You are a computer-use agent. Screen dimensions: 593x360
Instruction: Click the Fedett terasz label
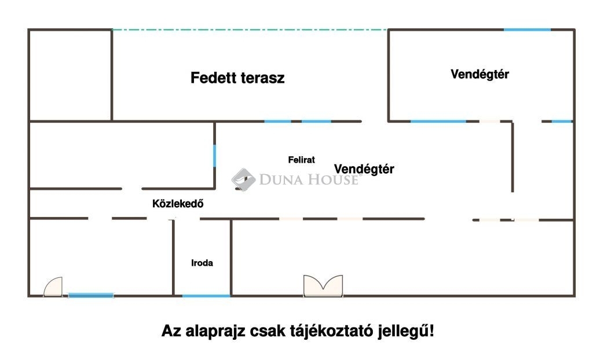[x=237, y=78]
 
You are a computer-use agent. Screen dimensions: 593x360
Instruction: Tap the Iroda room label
[x=202, y=263]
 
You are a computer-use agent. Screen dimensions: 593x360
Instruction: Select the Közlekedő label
[x=178, y=204]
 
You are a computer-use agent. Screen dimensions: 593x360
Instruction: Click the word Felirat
[x=301, y=160]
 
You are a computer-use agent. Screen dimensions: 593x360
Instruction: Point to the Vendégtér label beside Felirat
[x=364, y=169]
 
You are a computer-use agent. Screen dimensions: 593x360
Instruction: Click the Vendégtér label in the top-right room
[x=479, y=74]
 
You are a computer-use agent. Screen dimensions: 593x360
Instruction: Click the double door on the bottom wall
[x=323, y=286]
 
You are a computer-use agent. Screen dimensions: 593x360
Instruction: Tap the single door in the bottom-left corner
[x=53, y=286]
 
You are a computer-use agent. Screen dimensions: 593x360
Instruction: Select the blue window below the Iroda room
[x=206, y=296]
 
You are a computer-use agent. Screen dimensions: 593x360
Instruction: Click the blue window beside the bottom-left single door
[x=91, y=295]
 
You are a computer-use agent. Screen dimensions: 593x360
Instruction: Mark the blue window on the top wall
[x=527, y=30]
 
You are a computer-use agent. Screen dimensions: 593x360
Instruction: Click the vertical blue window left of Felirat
[x=214, y=156]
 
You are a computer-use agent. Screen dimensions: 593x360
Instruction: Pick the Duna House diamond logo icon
[x=244, y=179]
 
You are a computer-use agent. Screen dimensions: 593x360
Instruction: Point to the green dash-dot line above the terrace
[x=250, y=30]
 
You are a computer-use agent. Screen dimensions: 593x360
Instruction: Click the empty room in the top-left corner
[x=70, y=75]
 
